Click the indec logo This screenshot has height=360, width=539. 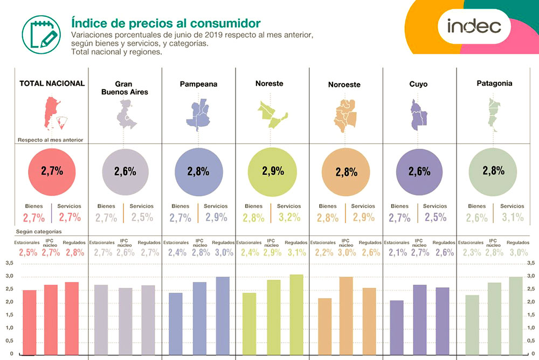point(474,25)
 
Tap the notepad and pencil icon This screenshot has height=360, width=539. point(41,31)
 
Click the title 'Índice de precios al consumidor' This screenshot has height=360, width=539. point(166,23)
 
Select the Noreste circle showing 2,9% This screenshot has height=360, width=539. point(272,171)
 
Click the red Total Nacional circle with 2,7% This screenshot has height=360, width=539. point(52,171)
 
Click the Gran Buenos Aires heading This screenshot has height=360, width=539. point(124,88)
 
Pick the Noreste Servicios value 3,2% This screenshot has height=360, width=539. point(289,218)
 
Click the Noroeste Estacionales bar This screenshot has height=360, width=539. point(324,325)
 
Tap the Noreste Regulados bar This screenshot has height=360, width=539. point(296,313)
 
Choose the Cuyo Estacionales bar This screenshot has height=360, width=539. point(396,326)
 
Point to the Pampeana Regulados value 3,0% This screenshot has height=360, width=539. point(223,252)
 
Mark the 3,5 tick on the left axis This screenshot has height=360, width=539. point(10,263)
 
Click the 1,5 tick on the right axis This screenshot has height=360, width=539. point(530,315)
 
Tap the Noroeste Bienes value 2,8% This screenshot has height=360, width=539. point(328,218)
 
